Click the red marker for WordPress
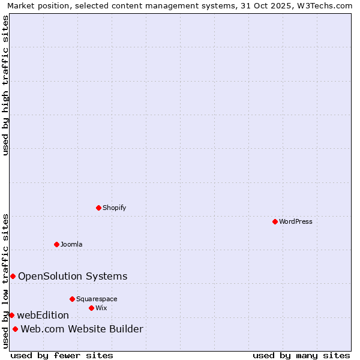point(275,221)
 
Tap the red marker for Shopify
point(98,208)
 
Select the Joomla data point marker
point(56,244)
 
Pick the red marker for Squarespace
point(72,299)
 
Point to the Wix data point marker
point(91,308)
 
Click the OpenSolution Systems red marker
point(13,276)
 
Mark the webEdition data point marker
point(11,315)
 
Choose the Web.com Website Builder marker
point(15,329)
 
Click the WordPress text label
point(296,221)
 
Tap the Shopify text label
point(114,208)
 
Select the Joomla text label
point(71,244)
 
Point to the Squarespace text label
point(97,299)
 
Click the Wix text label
point(101,308)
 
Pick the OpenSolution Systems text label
point(73,276)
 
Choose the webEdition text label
point(43,315)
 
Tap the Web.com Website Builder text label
point(82,329)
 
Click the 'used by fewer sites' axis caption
point(62,355)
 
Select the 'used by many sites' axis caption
point(301,355)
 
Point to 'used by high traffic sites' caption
point(5,85)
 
